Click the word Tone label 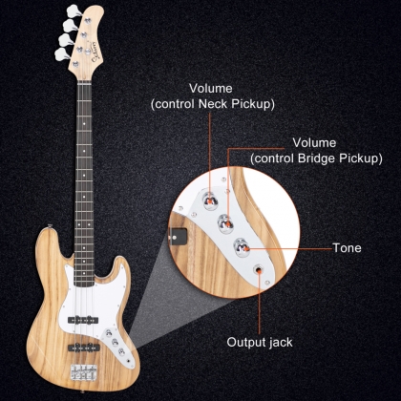[347, 248]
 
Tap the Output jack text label [260, 343]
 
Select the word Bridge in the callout [316, 158]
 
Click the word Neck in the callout [213, 104]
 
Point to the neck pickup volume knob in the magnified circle [210, 200]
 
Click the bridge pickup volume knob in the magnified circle [226, 223]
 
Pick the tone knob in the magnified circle [242, 247]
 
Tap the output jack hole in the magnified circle [259, 270]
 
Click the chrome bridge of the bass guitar [84, 372]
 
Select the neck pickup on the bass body [83, 320]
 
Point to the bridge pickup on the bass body [84, 348]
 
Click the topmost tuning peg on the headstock [74, 11]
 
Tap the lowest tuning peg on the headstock [61, 54]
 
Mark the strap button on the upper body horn [50, 226]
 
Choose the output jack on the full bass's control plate [129, 361]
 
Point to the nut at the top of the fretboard [85, 83]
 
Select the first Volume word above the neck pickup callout [211, 88]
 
